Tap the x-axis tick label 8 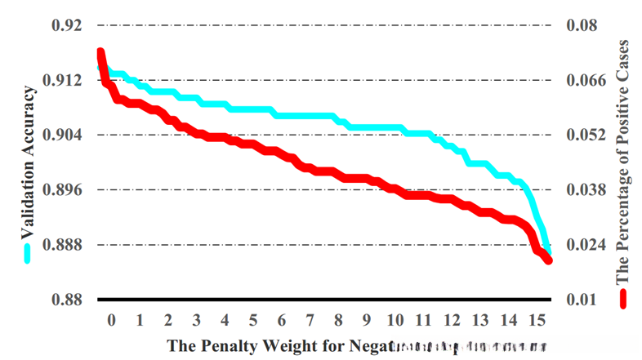338,319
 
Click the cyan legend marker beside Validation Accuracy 28,253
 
